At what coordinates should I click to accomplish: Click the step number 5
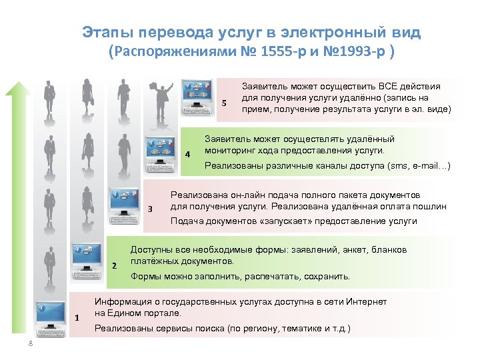(225, 103)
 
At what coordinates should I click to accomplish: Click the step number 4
(188, 155)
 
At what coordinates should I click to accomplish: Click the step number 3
(150, 210)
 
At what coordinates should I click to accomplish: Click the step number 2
(114, 266)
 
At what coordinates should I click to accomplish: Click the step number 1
(77, 317)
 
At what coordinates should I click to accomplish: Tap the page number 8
(30, 343)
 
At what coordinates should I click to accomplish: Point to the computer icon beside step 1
(51, 314)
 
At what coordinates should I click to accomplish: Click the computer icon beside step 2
(87, 257)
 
